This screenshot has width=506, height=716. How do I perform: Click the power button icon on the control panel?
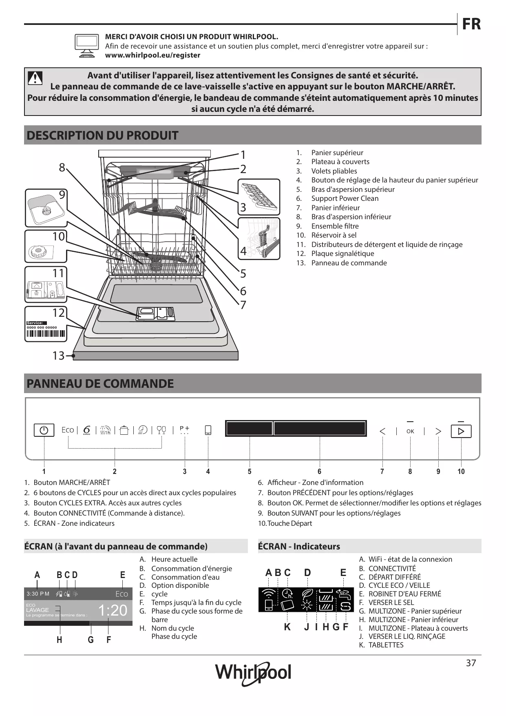point(44,431)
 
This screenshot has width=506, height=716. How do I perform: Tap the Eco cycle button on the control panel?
point(68,430)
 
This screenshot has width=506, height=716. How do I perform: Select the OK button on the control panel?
point(410,431)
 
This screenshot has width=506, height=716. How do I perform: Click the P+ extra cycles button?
point(184,429)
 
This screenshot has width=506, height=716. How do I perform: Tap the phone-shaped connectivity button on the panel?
point(208,430)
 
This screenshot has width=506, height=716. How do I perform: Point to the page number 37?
point(471,663)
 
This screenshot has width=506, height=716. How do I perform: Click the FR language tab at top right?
point(471,24)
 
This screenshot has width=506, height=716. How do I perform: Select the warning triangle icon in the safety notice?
point(35,78)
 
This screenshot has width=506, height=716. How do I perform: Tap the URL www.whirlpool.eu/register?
point(152,55)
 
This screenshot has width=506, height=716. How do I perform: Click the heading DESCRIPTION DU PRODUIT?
point(102,135)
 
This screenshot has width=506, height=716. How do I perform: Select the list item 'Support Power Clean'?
point(345,198)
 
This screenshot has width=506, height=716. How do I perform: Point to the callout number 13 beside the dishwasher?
point(58,356)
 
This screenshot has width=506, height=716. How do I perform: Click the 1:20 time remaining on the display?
point(113,610)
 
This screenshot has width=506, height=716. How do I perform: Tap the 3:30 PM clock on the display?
point(38,594)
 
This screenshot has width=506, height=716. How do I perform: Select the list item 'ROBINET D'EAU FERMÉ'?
point(404,594)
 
